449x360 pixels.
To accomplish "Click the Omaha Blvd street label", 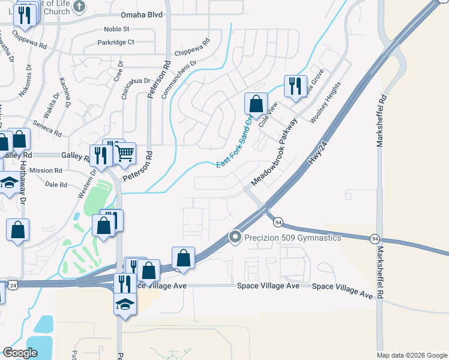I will (x=141, y=15).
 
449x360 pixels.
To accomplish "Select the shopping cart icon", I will (x=125, y=152).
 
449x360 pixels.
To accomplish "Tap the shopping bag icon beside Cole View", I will (x=256, y=103).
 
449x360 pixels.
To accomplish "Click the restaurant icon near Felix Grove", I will (x=295, y=86).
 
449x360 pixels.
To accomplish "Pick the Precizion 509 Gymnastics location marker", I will (x=235, y=238).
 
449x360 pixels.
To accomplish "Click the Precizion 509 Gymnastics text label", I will (x=292, y=238).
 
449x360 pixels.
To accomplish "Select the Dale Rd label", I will (x=56, y=185).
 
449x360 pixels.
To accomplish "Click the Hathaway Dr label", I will (x=24, y=184).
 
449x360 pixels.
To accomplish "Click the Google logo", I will (x=20, y=352).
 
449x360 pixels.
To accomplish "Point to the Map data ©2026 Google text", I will (x=411, y=355).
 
